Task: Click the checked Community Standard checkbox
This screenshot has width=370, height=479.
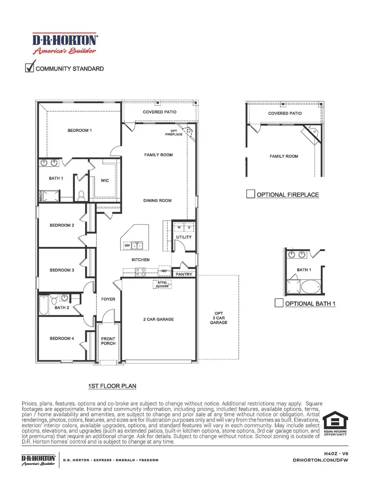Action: coord(30,68)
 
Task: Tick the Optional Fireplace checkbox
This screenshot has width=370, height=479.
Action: coord(250,194)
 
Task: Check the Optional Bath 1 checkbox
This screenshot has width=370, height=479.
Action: coord(279,303)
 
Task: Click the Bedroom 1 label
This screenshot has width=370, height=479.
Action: coord(79,131)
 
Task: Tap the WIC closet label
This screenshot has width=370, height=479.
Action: coord(105,181)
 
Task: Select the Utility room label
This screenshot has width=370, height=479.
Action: coord(183,237)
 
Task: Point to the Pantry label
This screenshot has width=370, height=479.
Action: coord(184,274)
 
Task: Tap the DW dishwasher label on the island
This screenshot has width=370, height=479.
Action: coord(127,245)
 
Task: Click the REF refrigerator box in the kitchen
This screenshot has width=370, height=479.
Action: coord(164,271)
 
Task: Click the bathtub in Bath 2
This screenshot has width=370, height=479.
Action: coord(44,305)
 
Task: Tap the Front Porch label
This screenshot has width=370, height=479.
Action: coord(109,341)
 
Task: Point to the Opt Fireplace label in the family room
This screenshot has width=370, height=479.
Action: coord(174,132)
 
